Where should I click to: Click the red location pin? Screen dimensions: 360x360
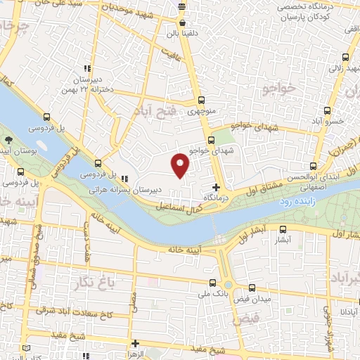[181, 165]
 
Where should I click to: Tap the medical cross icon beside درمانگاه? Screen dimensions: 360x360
[216, 187]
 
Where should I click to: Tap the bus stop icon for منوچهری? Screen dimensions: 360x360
[202, 100]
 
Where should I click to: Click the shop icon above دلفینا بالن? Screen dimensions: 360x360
[183, 22]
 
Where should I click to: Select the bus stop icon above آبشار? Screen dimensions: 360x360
[283, 229]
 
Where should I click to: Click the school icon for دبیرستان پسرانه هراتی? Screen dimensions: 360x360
[124, 178]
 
